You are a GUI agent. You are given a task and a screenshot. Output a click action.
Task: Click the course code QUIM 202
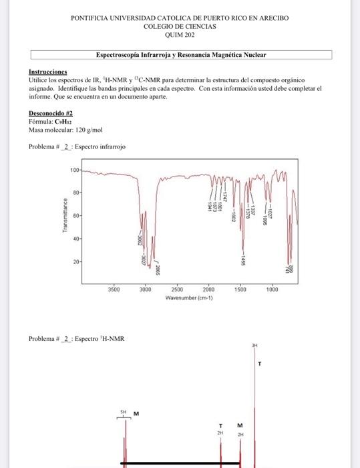click(x=180, y=35)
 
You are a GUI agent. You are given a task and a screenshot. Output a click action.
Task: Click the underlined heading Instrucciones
click(x=47, y=72)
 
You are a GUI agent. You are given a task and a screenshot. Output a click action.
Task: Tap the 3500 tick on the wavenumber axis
click(x=114, y=289)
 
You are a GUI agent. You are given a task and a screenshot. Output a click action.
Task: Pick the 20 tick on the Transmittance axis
click(x=75, y=261)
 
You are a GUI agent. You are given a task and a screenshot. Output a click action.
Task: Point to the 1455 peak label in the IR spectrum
click(x=244, y=261)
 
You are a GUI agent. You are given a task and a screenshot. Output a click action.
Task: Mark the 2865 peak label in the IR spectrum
click(x=158, y=269)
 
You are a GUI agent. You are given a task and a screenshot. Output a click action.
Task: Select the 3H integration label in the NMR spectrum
click(x=254, y=346)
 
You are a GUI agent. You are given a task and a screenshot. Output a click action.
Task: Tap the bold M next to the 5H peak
click(x=136, y=413)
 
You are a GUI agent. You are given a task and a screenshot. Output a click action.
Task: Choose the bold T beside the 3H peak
click(x=260, y=364)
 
